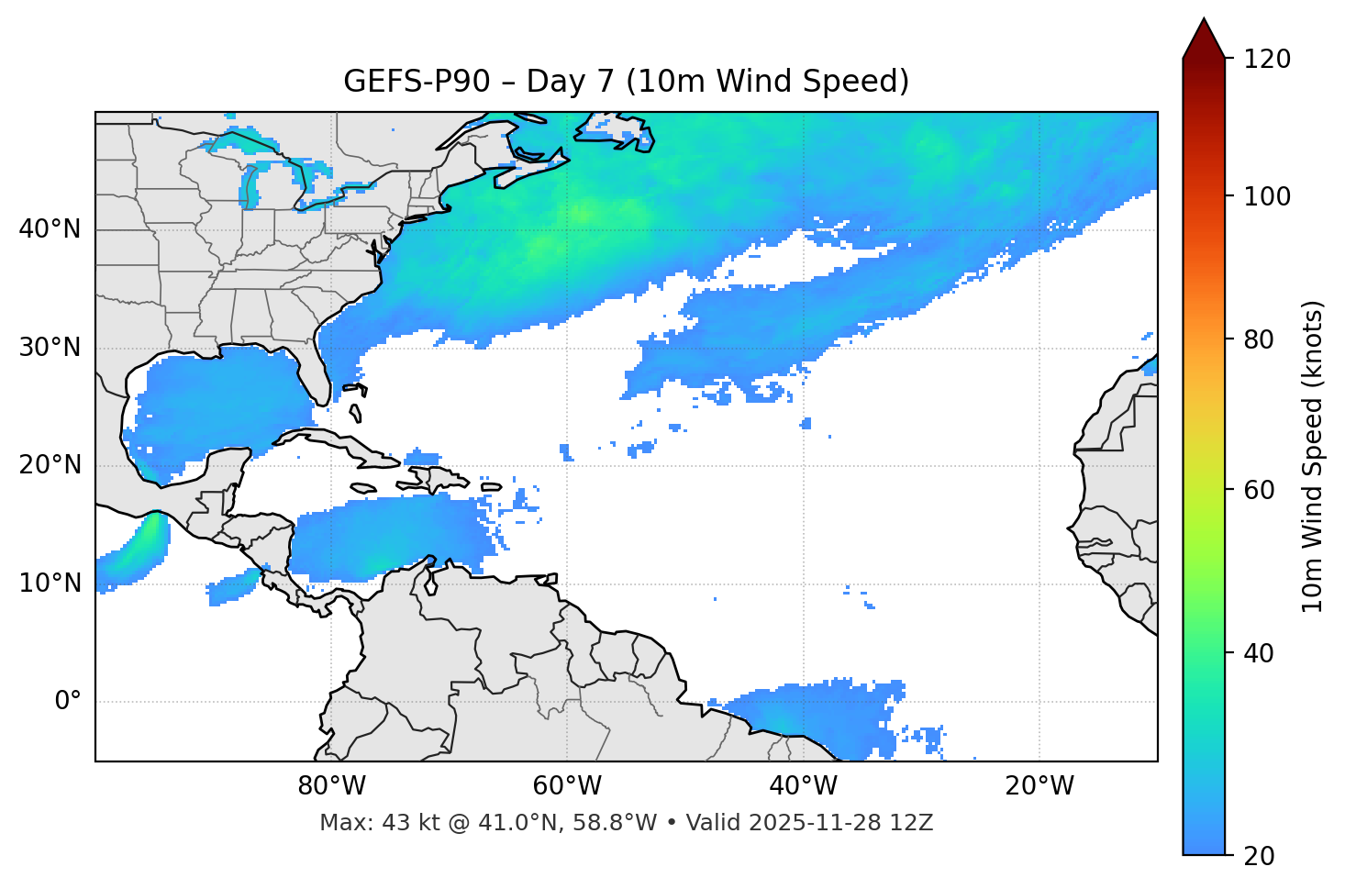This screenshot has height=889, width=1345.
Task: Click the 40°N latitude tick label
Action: click(x=50, y=229)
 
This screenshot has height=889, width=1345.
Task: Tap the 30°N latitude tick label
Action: click(x=50, y=348)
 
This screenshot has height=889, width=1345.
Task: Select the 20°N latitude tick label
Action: click(x=50, y=465)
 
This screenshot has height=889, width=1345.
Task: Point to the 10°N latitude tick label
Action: click(x=50, y=583)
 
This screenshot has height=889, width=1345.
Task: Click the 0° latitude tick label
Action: click(x=68, y=702)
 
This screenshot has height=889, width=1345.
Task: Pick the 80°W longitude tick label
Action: click(x=331, y=786)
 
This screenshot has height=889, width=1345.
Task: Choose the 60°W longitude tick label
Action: click(x=567, y=786)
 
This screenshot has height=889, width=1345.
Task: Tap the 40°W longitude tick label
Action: click(x=804, y=786)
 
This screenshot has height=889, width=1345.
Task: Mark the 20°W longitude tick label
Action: click(x=1039, y=786)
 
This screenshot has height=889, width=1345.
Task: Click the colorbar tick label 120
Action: click(x=1267, y=60)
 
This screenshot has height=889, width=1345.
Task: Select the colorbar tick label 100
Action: click(x=1267, y=196)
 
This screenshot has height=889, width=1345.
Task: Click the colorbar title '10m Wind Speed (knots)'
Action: click(x=1313, y=456)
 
